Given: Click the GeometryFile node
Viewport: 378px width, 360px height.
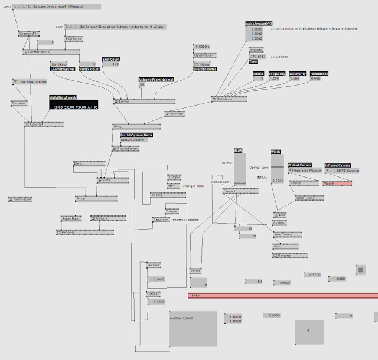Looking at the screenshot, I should (30, 34).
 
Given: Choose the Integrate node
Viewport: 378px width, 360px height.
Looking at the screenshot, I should (255, 50).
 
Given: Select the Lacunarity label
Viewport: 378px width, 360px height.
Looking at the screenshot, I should (298, 74).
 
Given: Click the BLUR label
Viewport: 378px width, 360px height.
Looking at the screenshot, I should (238, 151).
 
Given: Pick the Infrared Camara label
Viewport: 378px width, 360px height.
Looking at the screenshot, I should (337, 165).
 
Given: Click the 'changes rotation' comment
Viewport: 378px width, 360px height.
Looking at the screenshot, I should (186, 219).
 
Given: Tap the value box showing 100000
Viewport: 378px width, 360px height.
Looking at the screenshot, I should (283, 282).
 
